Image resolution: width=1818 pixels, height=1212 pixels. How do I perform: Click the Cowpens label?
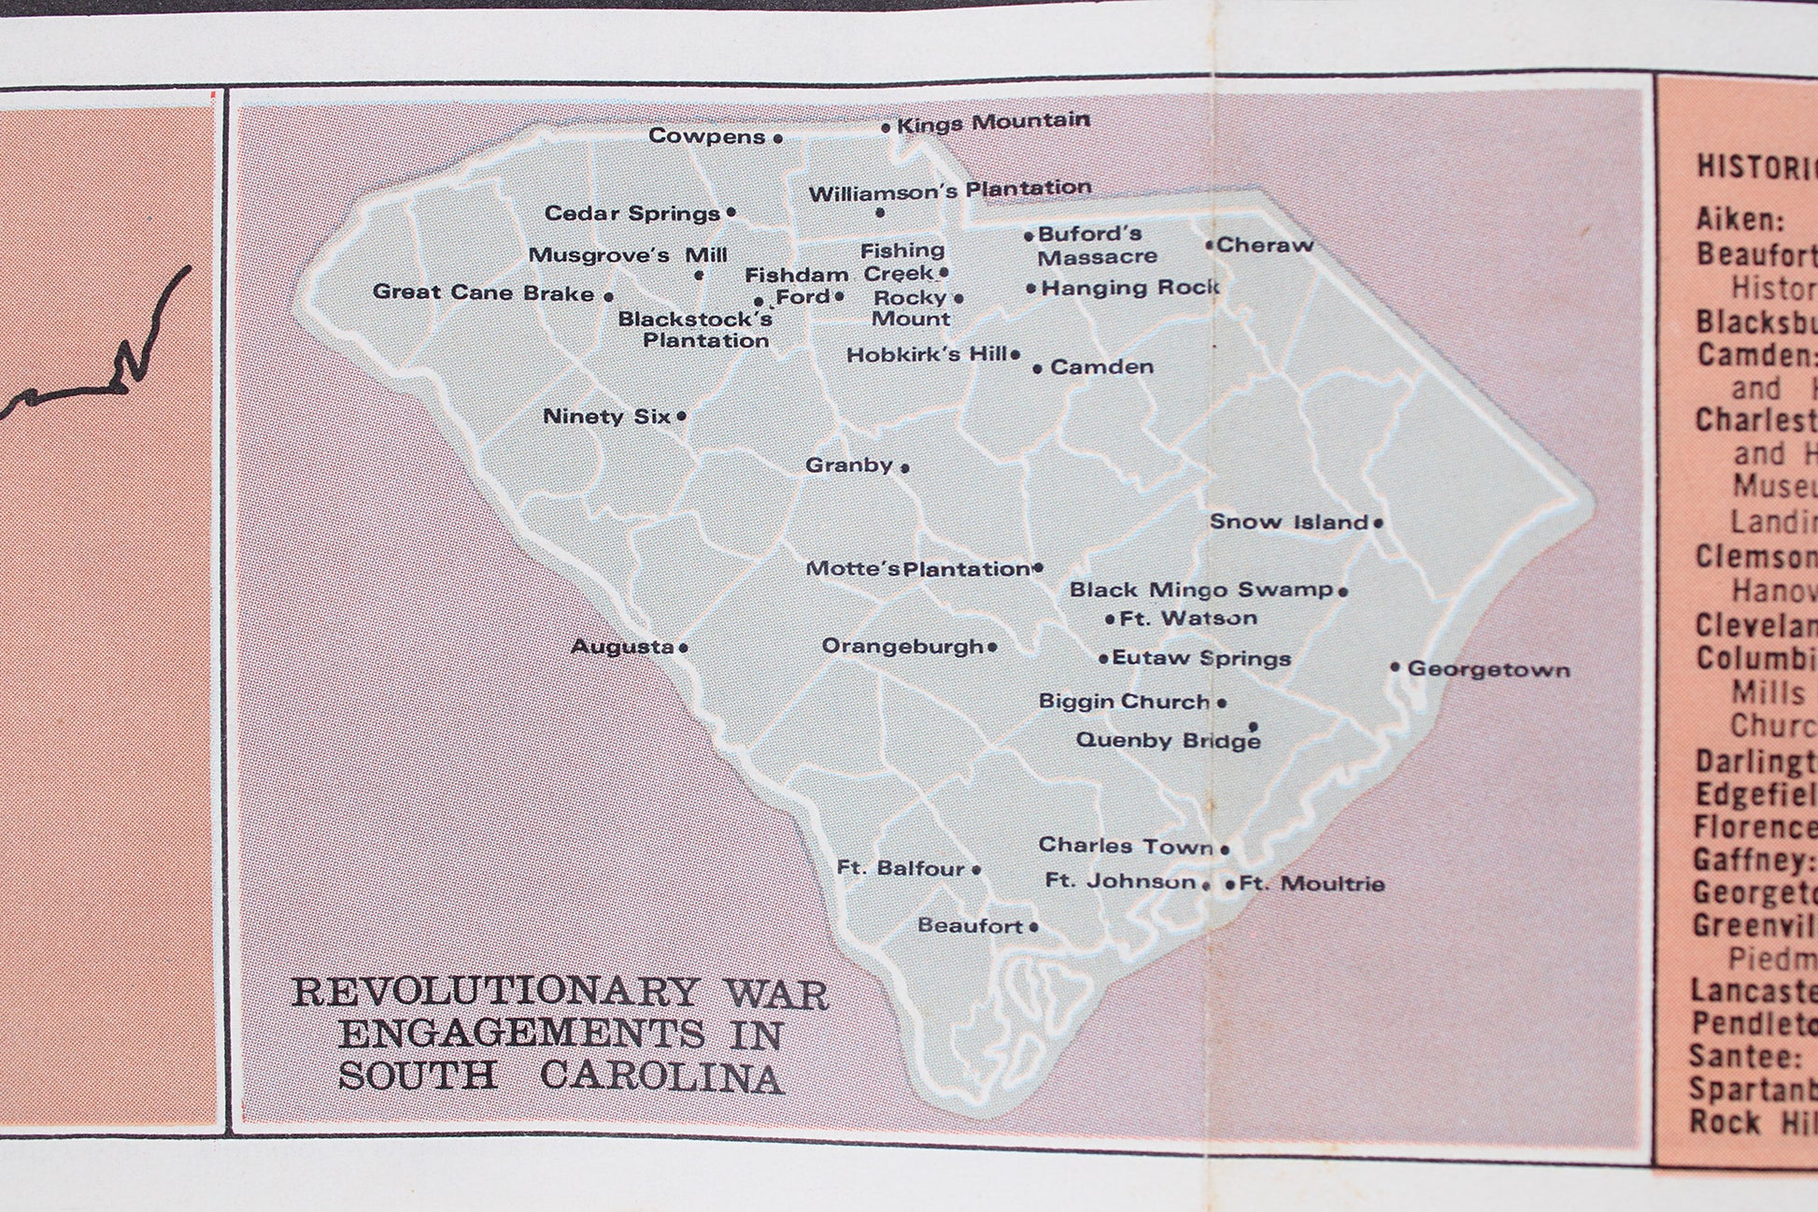[x=706, y=136]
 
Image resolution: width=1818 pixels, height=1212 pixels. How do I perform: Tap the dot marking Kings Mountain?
[x=886, y=127]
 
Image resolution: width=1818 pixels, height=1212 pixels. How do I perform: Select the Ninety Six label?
[x=606, y=417]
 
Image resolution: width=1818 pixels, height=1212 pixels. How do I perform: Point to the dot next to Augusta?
[x=684, y=648]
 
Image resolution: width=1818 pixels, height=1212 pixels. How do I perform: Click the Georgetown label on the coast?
[x=1488, y=669]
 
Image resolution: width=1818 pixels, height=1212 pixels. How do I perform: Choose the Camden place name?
[x=1101, y=367]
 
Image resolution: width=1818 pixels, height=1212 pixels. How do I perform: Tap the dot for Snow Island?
[x=1378, y=523]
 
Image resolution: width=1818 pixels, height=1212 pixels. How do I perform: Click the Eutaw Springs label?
[x=1200, y=658]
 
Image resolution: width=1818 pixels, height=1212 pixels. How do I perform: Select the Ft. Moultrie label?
[x=1312, y=884]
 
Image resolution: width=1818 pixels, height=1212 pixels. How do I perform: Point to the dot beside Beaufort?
[x=1033, y=927]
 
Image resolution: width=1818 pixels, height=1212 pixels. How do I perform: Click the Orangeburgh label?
[x=902, y=647]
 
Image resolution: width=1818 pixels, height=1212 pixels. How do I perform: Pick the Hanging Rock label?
[x=1130, y=288]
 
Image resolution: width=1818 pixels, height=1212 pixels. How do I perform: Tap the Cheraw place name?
[x=1264, y=246]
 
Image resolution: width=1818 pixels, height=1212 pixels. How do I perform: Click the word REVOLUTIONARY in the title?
[x=495, y=992]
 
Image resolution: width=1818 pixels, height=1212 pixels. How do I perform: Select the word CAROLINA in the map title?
[x=661, y=1077]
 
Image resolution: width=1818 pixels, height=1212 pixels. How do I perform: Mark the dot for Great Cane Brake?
[x=608, y=296]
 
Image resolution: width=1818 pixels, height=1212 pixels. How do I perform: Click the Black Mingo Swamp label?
[x=1200, y=590]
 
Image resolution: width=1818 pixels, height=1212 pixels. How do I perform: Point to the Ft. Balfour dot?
[x=976, y=870]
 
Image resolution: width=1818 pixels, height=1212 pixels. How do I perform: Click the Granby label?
[x=848, y=465]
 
